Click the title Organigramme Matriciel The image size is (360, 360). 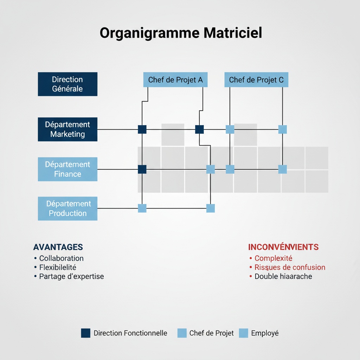pos(180,33)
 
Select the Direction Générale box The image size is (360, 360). pos(67,84)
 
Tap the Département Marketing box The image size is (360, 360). pos(67,129)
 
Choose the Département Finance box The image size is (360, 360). pos(67,169)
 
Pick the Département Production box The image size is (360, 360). pos(67,208)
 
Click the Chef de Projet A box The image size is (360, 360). pos(175,80)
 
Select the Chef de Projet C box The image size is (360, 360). pos(256,80)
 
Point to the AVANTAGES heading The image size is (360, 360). pos(58,247)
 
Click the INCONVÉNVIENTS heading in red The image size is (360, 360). pos(283,247)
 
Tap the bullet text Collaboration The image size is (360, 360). pos(61,258)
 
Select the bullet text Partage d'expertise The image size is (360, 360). pos(71,276)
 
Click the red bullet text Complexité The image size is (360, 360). pos(274,258)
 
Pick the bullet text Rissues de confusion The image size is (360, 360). pos(290,268)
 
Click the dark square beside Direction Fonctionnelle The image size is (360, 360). pos(85,333)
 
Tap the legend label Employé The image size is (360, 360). pos(265,333)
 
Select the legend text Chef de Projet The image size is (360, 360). pos(211,333)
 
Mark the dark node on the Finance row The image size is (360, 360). pos(142,169)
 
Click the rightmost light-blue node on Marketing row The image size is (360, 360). pos(282,129)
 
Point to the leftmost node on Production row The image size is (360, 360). pos(142,208)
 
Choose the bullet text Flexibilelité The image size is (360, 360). pos(58,268)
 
